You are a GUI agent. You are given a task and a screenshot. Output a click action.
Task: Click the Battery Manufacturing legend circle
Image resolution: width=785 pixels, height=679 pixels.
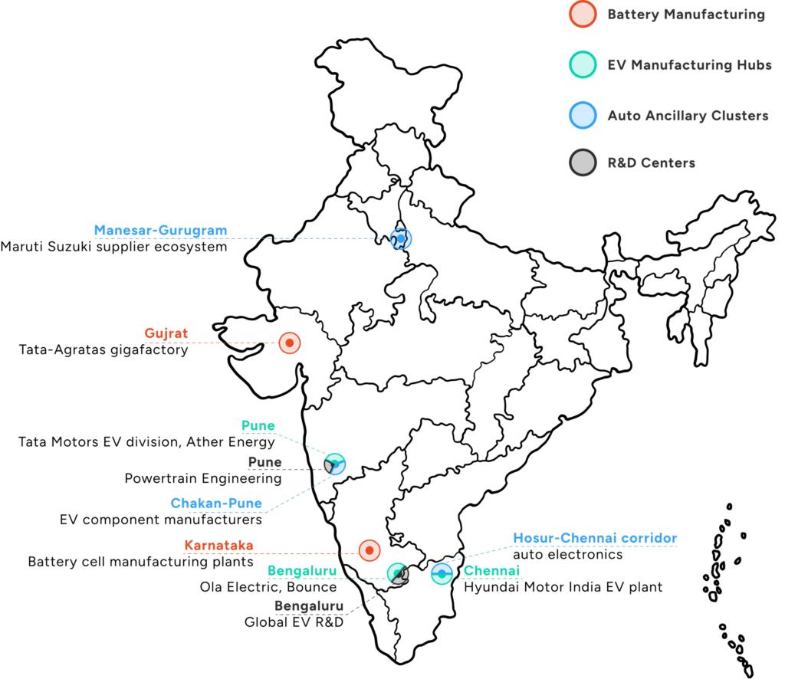[583, 14]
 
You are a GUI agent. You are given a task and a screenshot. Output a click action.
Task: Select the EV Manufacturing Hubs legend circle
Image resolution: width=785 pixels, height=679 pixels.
[583, 64]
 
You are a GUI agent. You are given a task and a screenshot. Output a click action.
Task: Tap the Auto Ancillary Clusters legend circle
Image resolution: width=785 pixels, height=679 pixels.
[583, 115]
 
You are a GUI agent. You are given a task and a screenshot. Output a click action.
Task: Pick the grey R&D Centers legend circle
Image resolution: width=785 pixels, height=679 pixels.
[583, 162]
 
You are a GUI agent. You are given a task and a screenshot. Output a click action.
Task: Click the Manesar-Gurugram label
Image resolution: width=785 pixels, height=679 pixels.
[161, 230]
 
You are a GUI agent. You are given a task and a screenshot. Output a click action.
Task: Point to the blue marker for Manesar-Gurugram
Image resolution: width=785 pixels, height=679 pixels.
[400, 238]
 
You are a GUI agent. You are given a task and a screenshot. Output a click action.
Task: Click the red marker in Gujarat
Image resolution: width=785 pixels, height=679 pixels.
[289, 343]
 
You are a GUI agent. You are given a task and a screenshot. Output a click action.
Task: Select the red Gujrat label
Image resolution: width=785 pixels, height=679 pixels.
[166, 333]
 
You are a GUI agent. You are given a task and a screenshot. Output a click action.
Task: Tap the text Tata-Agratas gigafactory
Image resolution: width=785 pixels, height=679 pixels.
[103, 349]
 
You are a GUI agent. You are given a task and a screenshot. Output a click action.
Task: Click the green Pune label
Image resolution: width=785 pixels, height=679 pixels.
[258, 425]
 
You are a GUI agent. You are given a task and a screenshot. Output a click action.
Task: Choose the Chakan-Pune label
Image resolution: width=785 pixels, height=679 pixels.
[216, 503]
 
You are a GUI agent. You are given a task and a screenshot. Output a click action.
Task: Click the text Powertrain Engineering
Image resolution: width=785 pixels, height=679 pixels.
[202, 479]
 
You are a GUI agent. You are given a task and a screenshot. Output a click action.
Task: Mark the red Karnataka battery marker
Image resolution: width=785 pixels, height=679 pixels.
[370, 550]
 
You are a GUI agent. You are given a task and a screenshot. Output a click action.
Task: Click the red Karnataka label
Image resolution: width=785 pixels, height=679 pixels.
[218, 546]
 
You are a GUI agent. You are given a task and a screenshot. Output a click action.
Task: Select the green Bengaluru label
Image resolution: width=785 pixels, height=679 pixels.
[302, 571]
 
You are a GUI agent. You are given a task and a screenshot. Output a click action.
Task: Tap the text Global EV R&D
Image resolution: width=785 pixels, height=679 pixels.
[294, 622]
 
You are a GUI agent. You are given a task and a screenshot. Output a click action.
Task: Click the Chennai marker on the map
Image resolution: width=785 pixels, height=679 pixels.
[442, 574]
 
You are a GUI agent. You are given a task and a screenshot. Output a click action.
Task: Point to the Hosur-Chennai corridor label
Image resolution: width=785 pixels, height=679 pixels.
[595, 538]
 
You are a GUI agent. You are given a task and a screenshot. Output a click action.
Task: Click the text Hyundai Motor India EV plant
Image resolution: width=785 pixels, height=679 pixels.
[563, 587]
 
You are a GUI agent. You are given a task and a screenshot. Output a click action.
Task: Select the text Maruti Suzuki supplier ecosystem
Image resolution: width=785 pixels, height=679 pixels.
[113, 247]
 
